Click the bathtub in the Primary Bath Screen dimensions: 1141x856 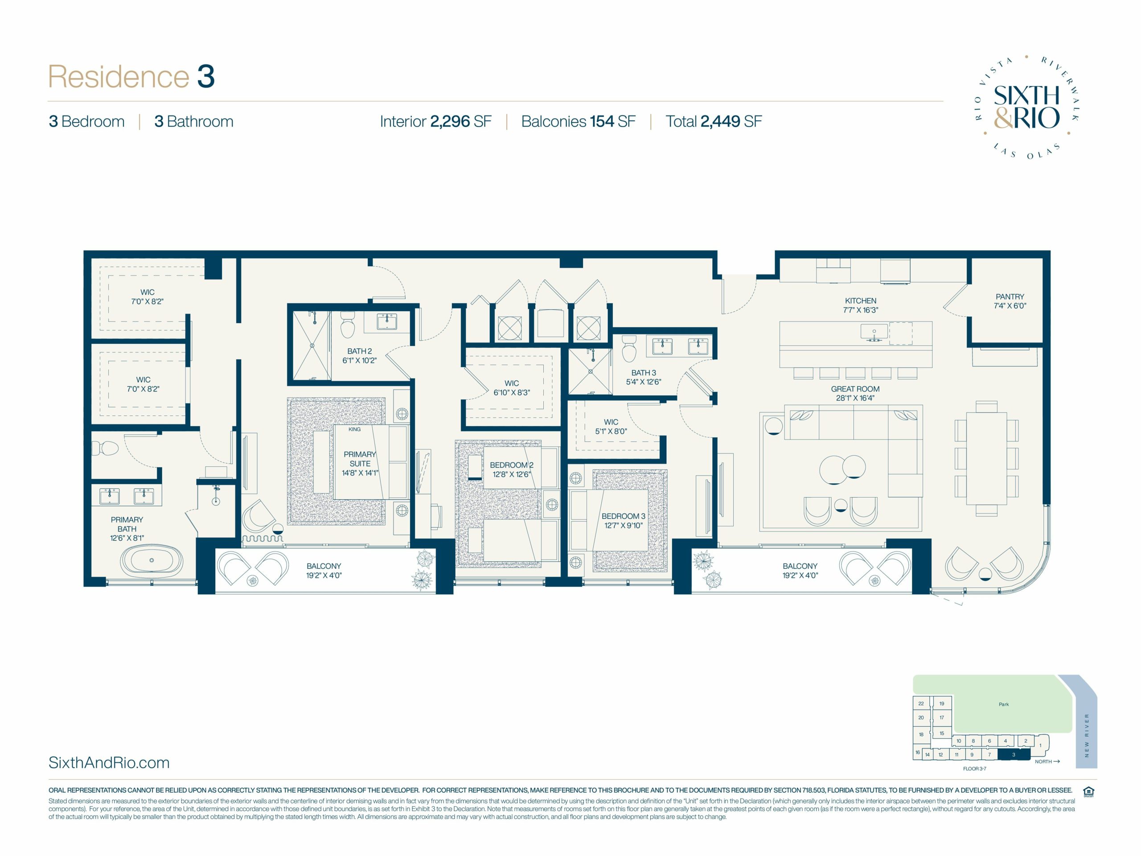tap(151, 560)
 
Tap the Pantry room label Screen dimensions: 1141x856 tap(1010, 296)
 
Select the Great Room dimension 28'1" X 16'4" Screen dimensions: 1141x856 tap(855, 398)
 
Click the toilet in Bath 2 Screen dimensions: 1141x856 tap(347, 324)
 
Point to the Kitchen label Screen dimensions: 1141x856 tap(860, 301)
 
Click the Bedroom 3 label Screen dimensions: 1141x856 tap(623, 516)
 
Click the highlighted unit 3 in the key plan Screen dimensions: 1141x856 tap(1014, 754)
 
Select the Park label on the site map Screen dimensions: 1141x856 tap(1003, 704)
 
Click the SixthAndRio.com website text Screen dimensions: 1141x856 tap(109, 763)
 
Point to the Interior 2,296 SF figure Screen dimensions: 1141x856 tap(435, 121)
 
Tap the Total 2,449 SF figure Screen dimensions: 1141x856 tap(714, 121)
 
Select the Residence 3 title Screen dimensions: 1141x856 tap(131, 76)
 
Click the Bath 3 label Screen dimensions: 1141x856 tap(643, 373)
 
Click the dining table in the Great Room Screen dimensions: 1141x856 tap(986, 458)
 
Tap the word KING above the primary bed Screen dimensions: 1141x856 tap(354, 429)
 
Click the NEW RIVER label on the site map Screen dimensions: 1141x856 tap(1087, 735)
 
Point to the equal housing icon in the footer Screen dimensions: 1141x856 tap(1088, 791)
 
